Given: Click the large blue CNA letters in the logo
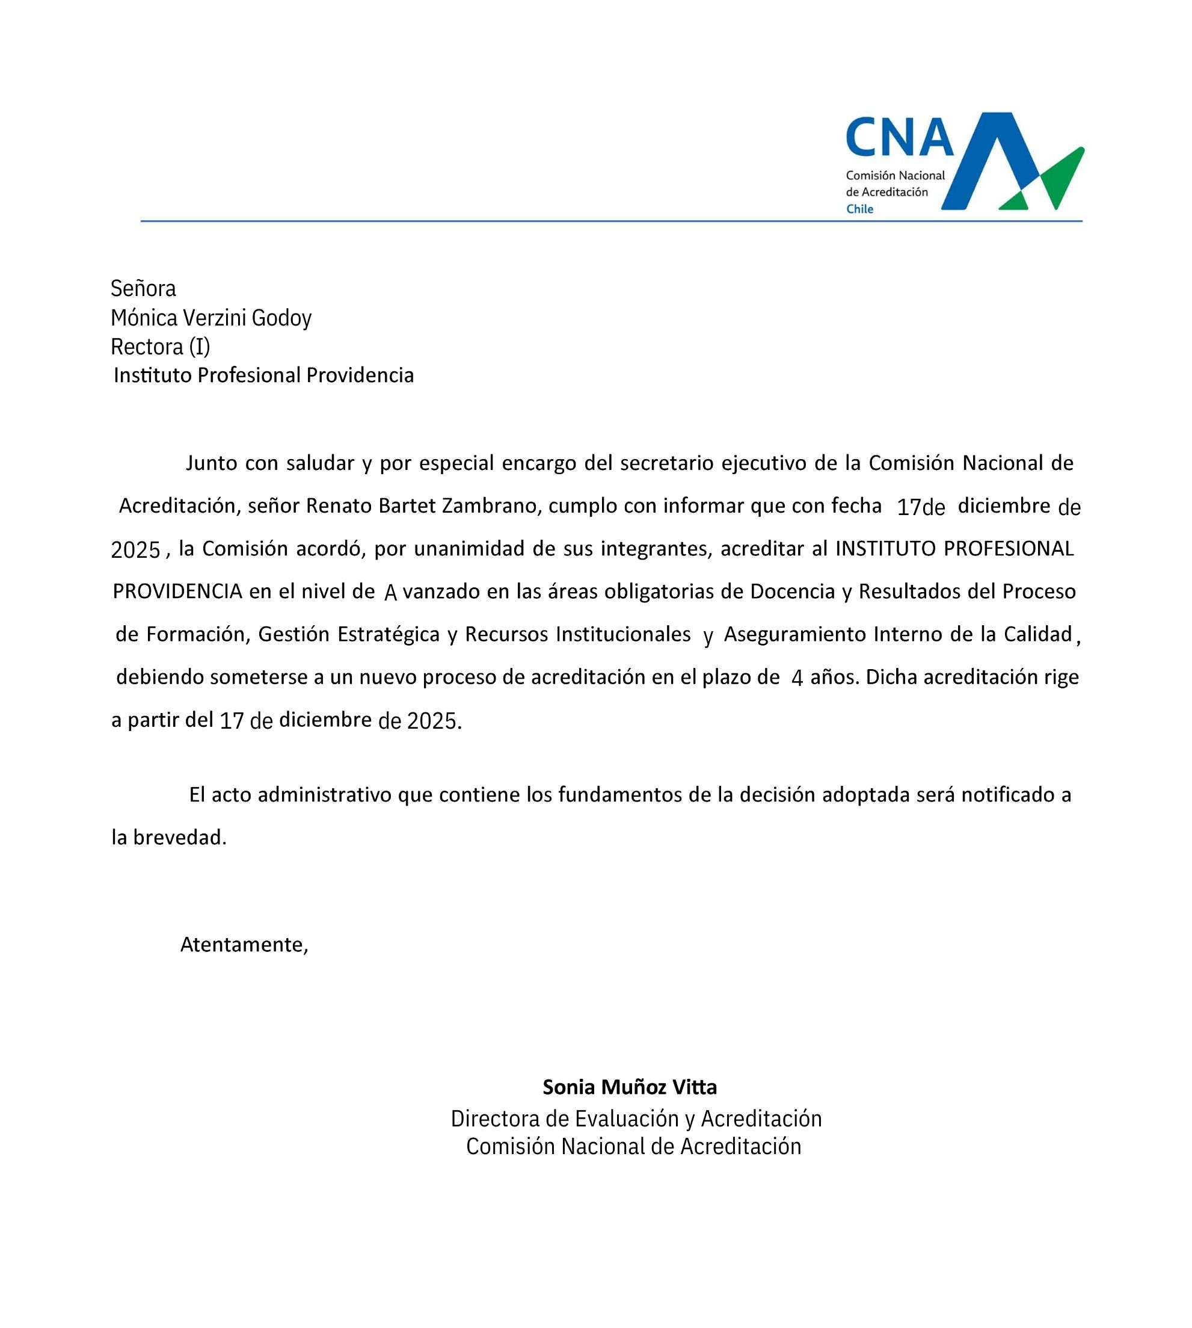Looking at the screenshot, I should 899,138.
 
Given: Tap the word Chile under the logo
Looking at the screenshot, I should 859,209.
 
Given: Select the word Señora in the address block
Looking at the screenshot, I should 143,288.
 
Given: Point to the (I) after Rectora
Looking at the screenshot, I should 200,347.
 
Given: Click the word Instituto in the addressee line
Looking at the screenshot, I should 153,375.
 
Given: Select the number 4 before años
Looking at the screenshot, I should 796,678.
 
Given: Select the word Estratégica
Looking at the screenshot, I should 389,634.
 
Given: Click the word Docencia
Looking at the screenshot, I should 793,591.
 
